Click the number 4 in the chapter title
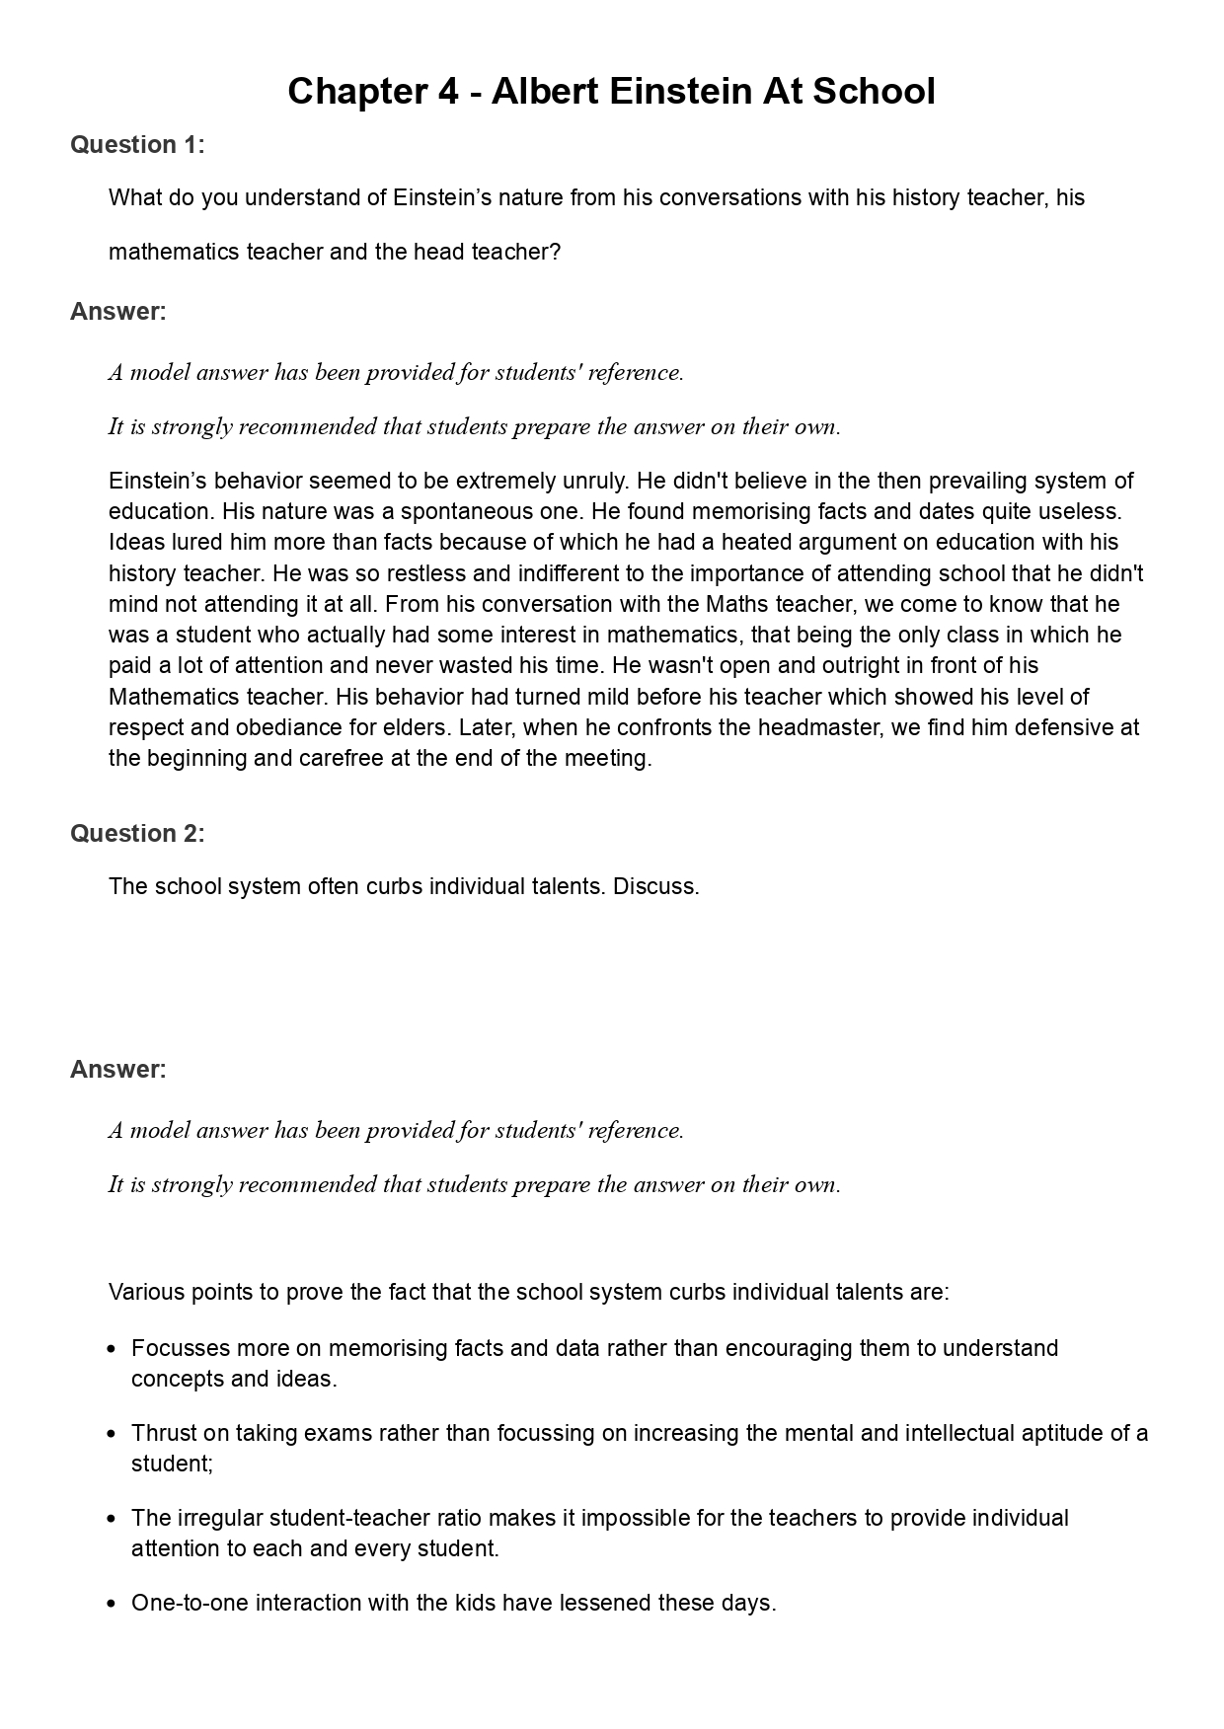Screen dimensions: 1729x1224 click(x=446, y=92)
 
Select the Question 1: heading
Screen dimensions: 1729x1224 click(x=137, y=145)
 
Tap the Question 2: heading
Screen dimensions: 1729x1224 click(x=137, y=834)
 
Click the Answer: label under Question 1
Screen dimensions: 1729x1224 click(x=118, y=312)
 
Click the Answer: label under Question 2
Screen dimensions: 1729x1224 click(x=118, y=1070)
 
